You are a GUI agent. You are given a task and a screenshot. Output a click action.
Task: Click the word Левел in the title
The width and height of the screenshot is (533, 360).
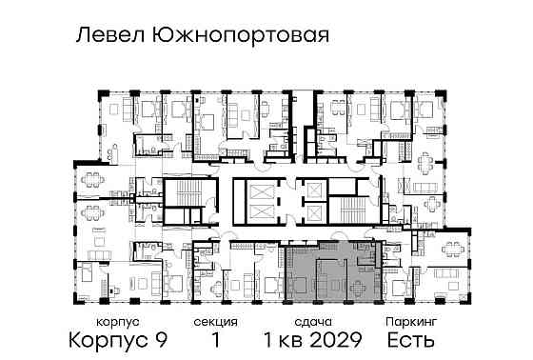pyautogui.click(x=106, y=36)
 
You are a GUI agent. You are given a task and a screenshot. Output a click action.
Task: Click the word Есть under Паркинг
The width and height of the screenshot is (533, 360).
pyautogui.click(x=405, y=339)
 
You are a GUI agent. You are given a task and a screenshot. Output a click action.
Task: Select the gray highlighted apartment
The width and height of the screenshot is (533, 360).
pyautogui.click(x=333, y=271)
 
